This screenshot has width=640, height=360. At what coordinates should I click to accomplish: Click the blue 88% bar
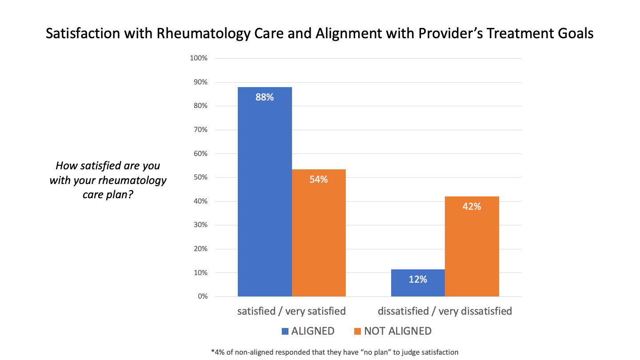265,191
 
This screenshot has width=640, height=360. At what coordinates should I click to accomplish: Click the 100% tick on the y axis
199,58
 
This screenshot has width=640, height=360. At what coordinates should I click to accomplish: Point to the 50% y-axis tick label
200,177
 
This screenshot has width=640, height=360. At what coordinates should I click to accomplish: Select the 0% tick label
202,296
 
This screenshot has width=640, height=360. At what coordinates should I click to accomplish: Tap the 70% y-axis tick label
200,130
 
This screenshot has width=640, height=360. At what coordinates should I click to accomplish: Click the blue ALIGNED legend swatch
285,331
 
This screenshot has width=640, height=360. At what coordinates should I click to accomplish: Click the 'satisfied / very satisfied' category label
292,311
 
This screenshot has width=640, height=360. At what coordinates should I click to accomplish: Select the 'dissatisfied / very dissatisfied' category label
445,311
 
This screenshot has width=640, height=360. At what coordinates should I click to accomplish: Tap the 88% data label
264,97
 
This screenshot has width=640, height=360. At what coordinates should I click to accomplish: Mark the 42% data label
472,206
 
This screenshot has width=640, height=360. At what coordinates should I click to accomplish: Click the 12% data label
418,280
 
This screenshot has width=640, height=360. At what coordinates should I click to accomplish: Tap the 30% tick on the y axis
200,225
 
